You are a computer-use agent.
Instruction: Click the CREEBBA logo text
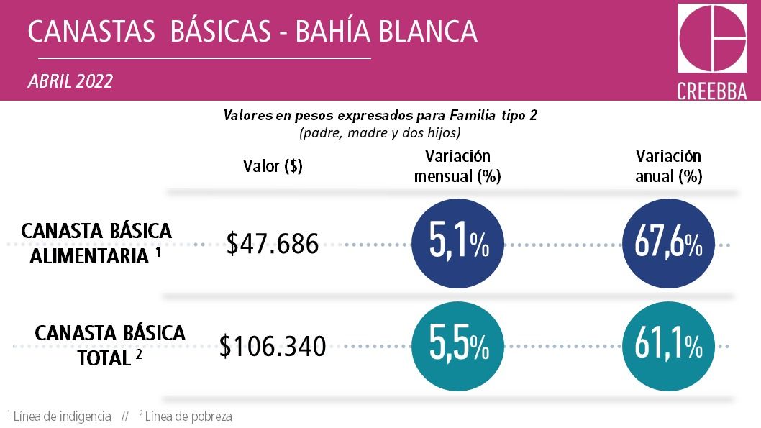coord(711,91)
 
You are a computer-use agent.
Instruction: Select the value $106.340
coord(273,347)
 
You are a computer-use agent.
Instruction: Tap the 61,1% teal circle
coord(668,347)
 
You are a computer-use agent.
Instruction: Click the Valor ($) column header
coord(273,166)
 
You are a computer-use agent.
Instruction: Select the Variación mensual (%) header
coord(457,166)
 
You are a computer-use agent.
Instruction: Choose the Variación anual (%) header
coord(668,166)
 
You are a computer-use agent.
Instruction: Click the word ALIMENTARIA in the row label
coord(90,256)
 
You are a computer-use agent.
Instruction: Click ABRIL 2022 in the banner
coord(70,81)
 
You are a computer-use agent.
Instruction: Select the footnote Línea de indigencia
coord(63,416)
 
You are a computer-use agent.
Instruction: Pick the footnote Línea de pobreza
coord(188,416)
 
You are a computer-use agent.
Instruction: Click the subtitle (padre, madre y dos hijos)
coord(380,133)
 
